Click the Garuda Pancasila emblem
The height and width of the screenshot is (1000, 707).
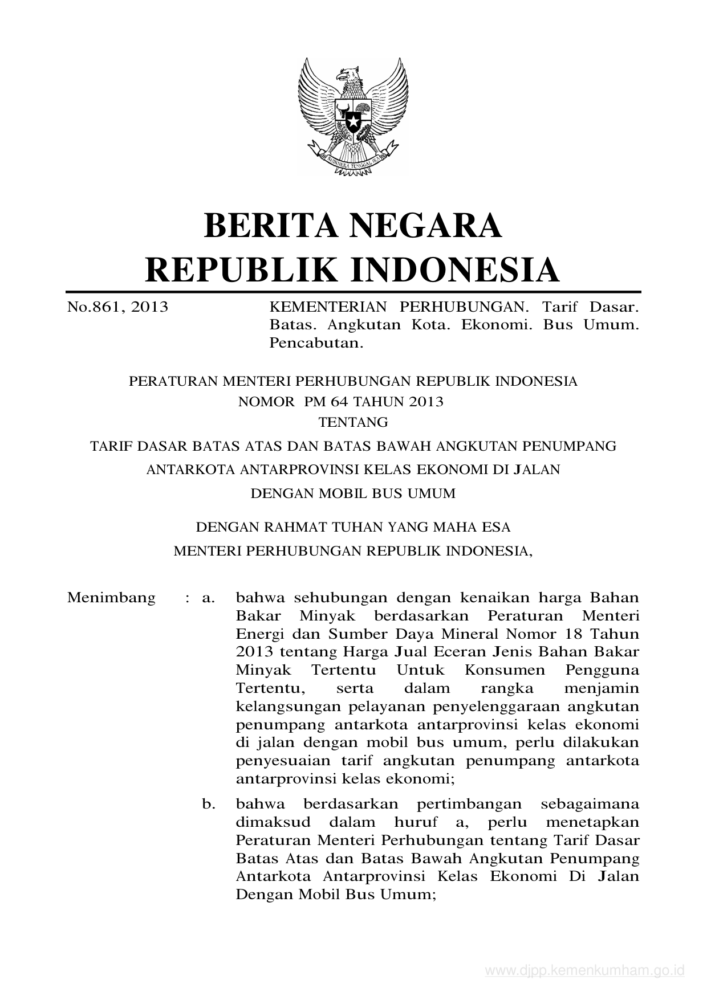pos(353,117)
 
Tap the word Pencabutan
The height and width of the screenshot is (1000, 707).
pos(316,343)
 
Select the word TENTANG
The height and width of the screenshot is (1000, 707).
pos(353,422)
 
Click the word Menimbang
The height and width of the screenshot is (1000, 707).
pos(111,598)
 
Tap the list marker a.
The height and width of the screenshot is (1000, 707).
pos(208,598)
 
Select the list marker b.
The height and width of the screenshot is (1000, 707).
pos(208,804)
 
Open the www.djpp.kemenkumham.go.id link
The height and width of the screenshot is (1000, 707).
pos(584,971)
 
